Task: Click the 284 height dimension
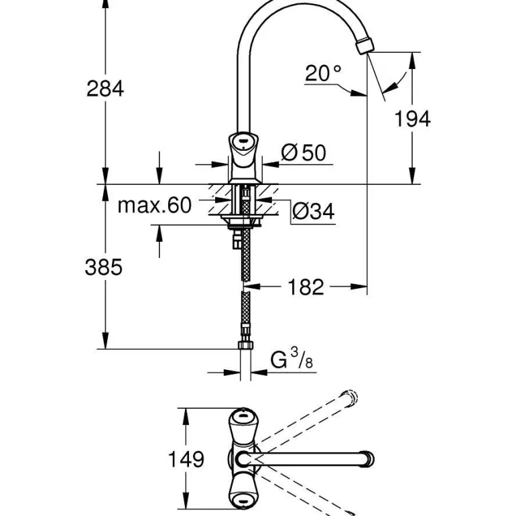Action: [105, 88]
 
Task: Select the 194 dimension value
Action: [412, 119]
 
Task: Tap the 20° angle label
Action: [323, 72]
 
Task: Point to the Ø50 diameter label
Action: [304, 153]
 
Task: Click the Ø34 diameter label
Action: [313, 212]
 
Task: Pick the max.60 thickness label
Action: [154, 205]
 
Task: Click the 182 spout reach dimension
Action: [306, 287]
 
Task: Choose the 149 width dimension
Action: [186, 460]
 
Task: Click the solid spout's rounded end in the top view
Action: [368, 460]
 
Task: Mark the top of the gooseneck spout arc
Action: [295, 5]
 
